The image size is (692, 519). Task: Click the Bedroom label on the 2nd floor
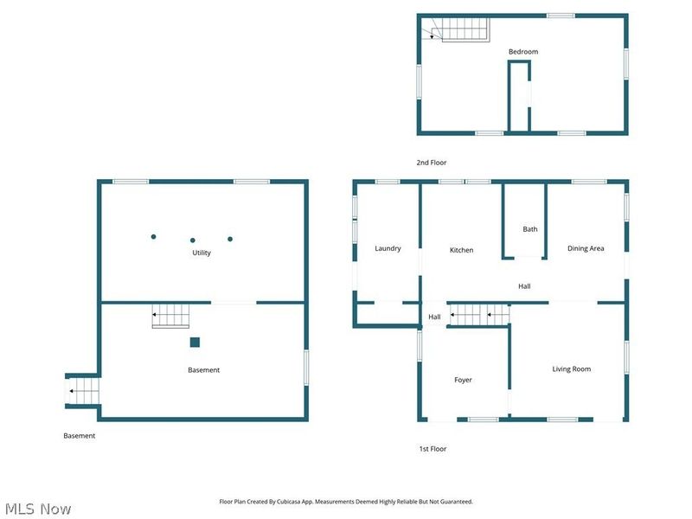[x=522, y=52]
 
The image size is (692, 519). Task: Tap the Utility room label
[x=202, y=253]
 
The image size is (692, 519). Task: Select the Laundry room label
[x=388, y=248]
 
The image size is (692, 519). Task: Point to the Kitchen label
[x=461, y=250]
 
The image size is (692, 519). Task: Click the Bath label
[x=529, y=229]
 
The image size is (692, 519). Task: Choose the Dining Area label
[x=586, y=248]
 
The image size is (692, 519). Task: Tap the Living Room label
[x=572, y=369]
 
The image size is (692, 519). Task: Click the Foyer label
[x=463, y=380]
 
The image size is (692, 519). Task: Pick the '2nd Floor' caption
[x=432, y=163]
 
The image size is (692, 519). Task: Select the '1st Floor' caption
[x=432, y=449]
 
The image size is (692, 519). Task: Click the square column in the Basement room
[x=195, y=342]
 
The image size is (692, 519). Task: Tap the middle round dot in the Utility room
[x=193, y=240]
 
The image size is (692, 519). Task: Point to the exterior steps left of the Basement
[x=83, y=392]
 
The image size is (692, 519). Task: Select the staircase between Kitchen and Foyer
[x=477, y=315]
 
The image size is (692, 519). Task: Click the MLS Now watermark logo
[x=37, y=509]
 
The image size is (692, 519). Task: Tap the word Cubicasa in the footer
[x=280, y=502]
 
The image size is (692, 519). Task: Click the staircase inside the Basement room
[x=170, y=316]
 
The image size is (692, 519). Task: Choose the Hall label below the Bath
[x=524, y=286]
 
